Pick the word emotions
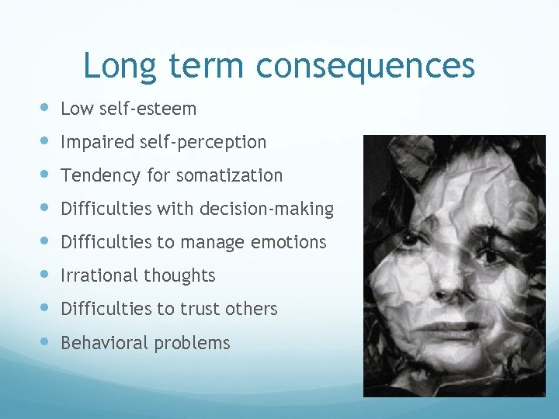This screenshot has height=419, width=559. (288, 242)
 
